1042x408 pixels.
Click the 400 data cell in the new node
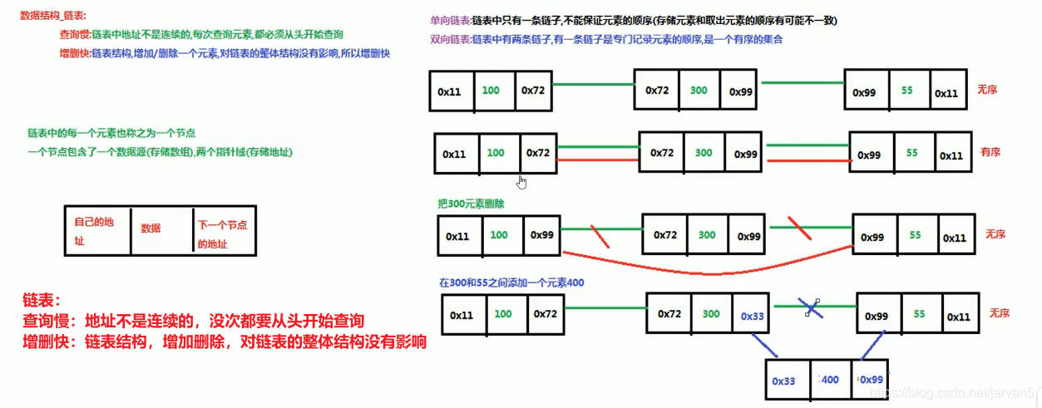click(829, 380)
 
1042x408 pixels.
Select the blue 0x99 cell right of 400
click(871, 380)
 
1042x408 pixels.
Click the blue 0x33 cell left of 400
click(783, 381)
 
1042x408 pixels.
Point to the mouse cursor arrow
click(522, 181)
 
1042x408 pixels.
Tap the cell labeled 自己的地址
click(97, 230)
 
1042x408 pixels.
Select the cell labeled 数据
click(151, 228)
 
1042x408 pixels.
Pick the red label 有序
click(990, 152)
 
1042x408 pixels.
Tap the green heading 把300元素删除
click(471, 204)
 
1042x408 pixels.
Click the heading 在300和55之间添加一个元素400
click(511, 283)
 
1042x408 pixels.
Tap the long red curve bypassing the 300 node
click(707, 269)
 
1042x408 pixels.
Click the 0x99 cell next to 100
click(541, 235)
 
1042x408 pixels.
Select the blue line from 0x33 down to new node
click(763, 345)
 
